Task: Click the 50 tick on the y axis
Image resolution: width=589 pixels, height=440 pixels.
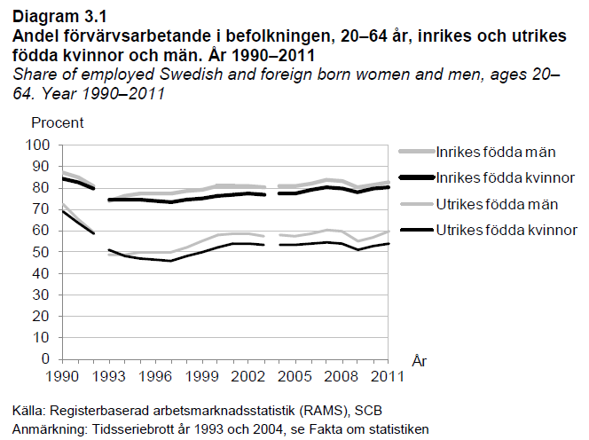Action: [x=43, y=253]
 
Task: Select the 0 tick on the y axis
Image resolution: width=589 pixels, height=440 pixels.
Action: [x=46, y=361]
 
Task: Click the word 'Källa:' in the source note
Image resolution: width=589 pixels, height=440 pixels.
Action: [x=31, y=412]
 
